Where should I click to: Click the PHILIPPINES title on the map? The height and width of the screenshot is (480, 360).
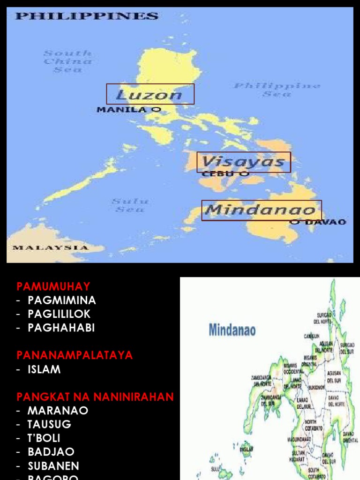tap(87, 16)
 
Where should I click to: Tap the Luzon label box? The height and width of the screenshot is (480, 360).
tap(150, 94)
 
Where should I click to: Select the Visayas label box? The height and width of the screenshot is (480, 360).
tap(244, 162)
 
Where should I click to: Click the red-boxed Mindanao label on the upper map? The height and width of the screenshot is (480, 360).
tap(262, 210)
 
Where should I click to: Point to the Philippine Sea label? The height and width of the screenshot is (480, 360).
tap(277, 90)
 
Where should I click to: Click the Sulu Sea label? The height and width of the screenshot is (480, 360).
tap(130, 205)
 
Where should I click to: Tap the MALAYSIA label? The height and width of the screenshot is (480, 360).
tap(50, 247)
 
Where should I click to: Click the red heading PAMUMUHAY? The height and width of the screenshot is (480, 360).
tap(53, 286)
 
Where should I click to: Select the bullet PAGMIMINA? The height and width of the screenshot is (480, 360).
tap(62, 300)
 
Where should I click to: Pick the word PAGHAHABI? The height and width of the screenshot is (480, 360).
tap(61, 328)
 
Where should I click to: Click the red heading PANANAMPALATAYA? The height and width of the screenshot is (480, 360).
tap(75, 355)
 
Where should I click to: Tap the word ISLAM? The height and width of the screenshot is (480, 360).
tap(44, 369)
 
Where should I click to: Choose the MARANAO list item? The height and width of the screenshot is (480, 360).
tap(58, 411)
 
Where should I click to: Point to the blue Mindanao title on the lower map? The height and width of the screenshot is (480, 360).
tap(232, 330)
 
